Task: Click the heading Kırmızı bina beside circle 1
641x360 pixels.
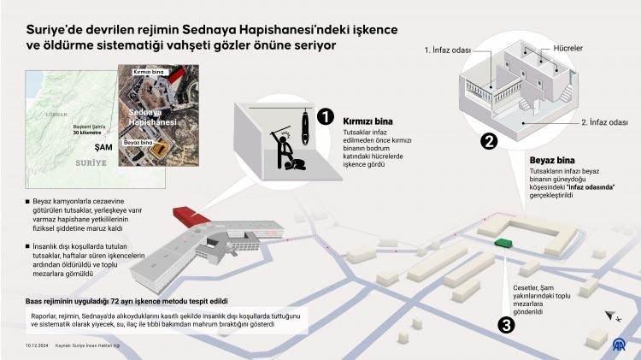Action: [x=368, y=121]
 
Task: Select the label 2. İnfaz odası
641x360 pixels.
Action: [x=604, y=121]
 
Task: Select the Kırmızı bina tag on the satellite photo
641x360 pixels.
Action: [x=146, y=74]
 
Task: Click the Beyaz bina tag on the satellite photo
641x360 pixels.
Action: [x=139, y=144]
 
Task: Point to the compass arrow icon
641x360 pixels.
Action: [x=611, y=316]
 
